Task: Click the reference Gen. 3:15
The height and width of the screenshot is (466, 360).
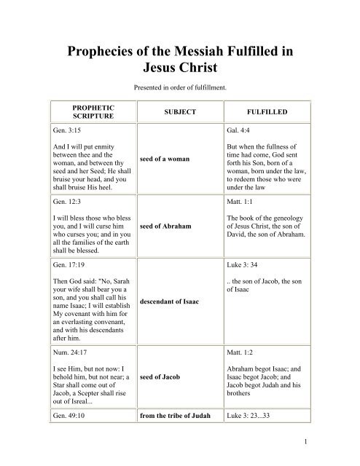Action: click(71, 130)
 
